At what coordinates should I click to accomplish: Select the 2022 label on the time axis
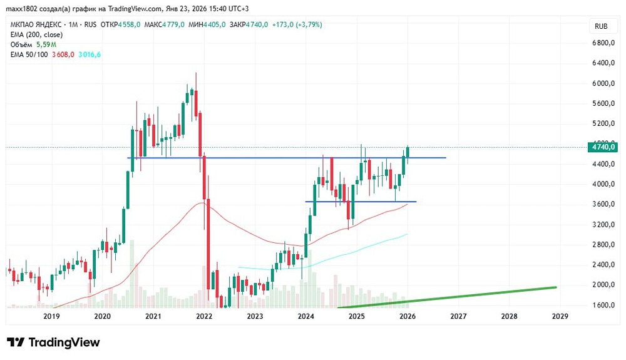pos(203,317)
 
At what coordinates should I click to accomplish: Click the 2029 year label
pos(560,317)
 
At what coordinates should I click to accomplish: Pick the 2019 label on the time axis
pos(51,317)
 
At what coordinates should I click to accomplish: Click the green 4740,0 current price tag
pos(603,147)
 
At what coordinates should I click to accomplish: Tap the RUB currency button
pos(601,26)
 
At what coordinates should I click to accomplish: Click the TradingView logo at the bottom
pos(53,342)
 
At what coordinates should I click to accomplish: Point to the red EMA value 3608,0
pos(63,54)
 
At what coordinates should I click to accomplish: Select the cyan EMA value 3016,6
pos(90,54)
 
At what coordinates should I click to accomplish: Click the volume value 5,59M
pos(45,44)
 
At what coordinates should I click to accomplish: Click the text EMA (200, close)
pos(36,34)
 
